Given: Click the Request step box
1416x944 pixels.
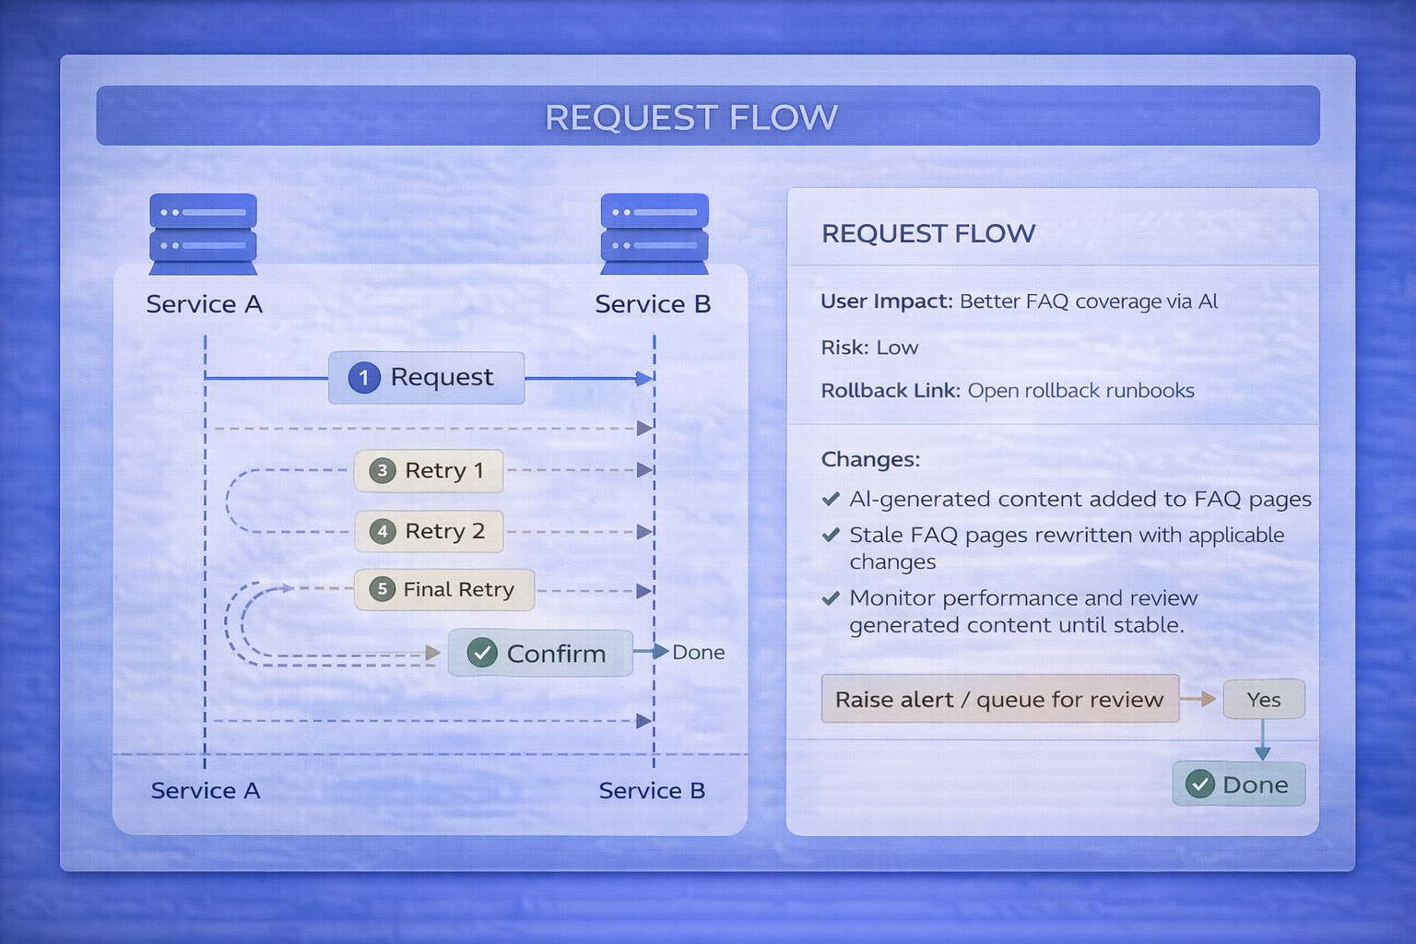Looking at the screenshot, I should pyautogui.click(x=426, y=378).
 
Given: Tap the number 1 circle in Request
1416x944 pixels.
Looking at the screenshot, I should pyautogui.click(x=364, y=378).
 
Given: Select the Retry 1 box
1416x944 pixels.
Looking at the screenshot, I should pyautogui.click(x=429, y=471).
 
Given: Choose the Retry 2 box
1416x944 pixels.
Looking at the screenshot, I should pyautogui.click(x=429, y=532).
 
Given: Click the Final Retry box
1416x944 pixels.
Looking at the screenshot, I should pyautogui.click(x=444, y=590).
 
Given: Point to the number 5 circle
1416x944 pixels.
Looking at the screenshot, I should pyautogui.click(x=382, y=590).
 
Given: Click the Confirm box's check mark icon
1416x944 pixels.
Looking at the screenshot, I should pyautogui.click(x=482, y=653).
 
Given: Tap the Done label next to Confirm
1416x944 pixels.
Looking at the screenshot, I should pyautogui.click(x=698, y=653).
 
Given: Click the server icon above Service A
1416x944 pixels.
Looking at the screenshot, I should pyautogui.click(x=203, y=233).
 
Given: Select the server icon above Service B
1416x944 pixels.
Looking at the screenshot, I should pyautogui.click(x=655, y=233).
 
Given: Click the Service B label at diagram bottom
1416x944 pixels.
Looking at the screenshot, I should pyautogui.click(x=652, y=791).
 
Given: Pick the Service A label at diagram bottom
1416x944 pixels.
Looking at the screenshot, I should pyautogui.click(x=206, y=791).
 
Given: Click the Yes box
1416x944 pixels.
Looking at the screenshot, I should pyautogui.click(x=1264, y=700).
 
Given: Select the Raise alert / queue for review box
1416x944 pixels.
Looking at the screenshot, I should pyautogui.click(x=999, y=700).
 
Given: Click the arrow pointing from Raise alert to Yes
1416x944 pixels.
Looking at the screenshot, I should pyautogui.click(x=1199, y=700).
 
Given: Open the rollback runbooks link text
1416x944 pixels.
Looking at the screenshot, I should pyautogui.click(x=1080, y=391).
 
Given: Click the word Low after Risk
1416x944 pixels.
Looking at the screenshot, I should pyautogui.click(x=897, y=348).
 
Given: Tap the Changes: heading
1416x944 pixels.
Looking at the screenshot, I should pyautogui.click(x=870, y=459).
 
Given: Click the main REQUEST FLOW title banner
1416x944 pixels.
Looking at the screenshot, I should pyautogui.click(x=707, y=117).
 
